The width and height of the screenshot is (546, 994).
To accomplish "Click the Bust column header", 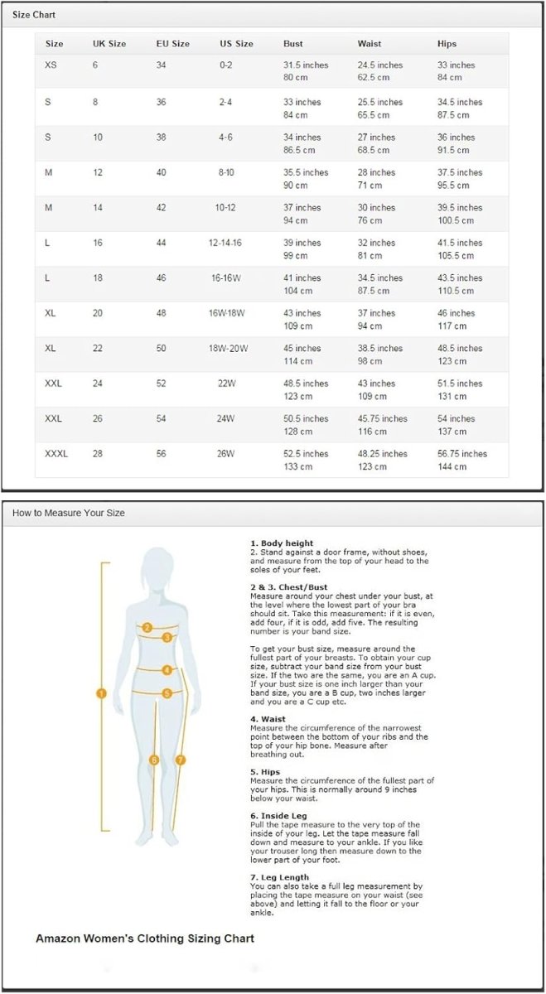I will tap(292, 44).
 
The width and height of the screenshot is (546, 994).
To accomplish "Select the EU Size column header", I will tap(172, 44).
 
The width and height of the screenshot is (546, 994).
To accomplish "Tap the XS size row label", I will tap(51, 65).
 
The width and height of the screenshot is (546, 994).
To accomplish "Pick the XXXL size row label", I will tap(56, 454).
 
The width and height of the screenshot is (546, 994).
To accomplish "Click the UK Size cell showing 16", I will tap(98, 243).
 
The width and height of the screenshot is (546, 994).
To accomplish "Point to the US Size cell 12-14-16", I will tap(225, 243).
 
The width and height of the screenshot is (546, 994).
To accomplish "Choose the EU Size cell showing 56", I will tap(161, 454).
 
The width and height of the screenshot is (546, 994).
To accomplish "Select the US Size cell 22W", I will tap(225, 384).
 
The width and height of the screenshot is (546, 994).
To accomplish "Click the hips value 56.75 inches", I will tap(462, 454).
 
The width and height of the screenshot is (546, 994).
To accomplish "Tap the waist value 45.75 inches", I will tap(382, 419).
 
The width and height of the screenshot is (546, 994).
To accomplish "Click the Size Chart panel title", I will tap(34, 16).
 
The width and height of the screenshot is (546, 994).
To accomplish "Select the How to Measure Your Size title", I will tap(68, 513).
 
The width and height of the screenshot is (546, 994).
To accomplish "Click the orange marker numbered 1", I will tap(101, 693).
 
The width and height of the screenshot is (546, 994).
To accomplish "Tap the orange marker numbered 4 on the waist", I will tap(167, 669).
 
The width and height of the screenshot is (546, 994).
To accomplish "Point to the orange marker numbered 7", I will tap(181, 759).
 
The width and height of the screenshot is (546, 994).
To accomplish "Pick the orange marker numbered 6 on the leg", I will tap(153, 759).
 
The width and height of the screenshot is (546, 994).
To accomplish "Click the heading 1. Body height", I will tap(282, 543).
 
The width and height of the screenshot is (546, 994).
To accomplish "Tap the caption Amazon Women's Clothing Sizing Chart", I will tap(145, 939).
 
